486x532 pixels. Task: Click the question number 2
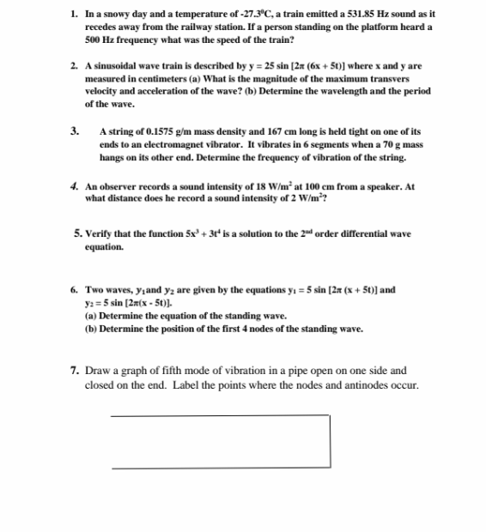(75, 65)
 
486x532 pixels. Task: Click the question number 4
(76, 186)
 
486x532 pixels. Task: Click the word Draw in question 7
(98, 371)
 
